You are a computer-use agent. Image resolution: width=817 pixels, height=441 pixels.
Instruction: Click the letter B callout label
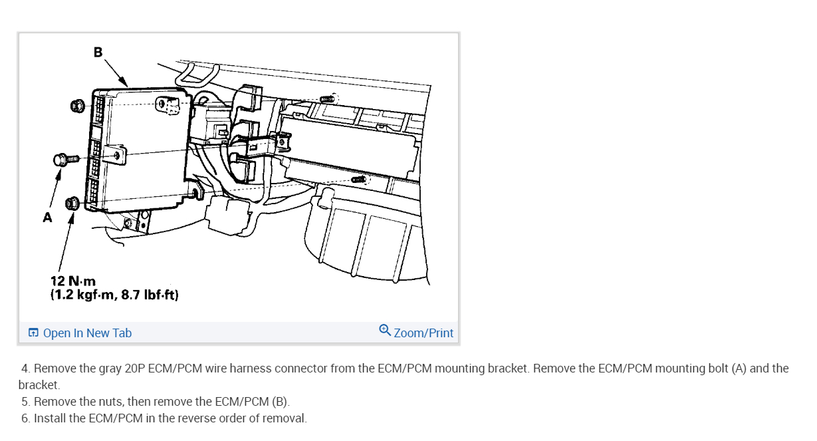point(98,52)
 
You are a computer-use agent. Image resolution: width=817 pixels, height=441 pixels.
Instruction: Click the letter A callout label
point(47,218)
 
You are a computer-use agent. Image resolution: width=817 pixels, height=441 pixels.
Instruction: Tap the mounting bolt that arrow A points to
point(66,160)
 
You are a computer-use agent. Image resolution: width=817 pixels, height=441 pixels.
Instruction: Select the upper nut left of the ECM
point(77,106)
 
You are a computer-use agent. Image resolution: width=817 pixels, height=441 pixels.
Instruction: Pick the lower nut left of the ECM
point(72,204)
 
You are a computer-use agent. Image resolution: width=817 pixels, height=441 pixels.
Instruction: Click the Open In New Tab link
point(87,333)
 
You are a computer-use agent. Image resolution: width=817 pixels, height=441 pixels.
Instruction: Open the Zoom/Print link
point(423,333)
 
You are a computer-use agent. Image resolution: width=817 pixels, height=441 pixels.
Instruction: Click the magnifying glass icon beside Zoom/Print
point(385,331)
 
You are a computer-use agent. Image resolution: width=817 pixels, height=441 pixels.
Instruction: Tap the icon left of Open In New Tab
point(33,333)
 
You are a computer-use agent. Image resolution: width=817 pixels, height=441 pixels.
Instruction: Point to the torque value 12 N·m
point(73,281)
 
